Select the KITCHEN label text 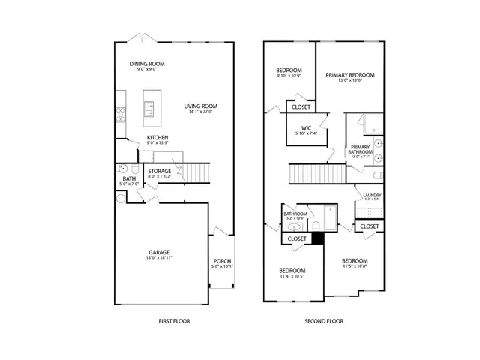click(x=157, y=137)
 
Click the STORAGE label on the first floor click(x=159, y=172)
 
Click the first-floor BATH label click(x=129, y=178)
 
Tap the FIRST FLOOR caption click(x=174, y=321)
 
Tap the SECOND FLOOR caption click(x=325, y=321)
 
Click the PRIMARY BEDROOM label click(x=349, y=75)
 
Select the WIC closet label click(x=306, y=128)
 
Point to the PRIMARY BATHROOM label click(x=360, y=150)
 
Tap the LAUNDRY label click(x=372, y=196)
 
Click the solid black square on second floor click(x=317, y=238)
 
